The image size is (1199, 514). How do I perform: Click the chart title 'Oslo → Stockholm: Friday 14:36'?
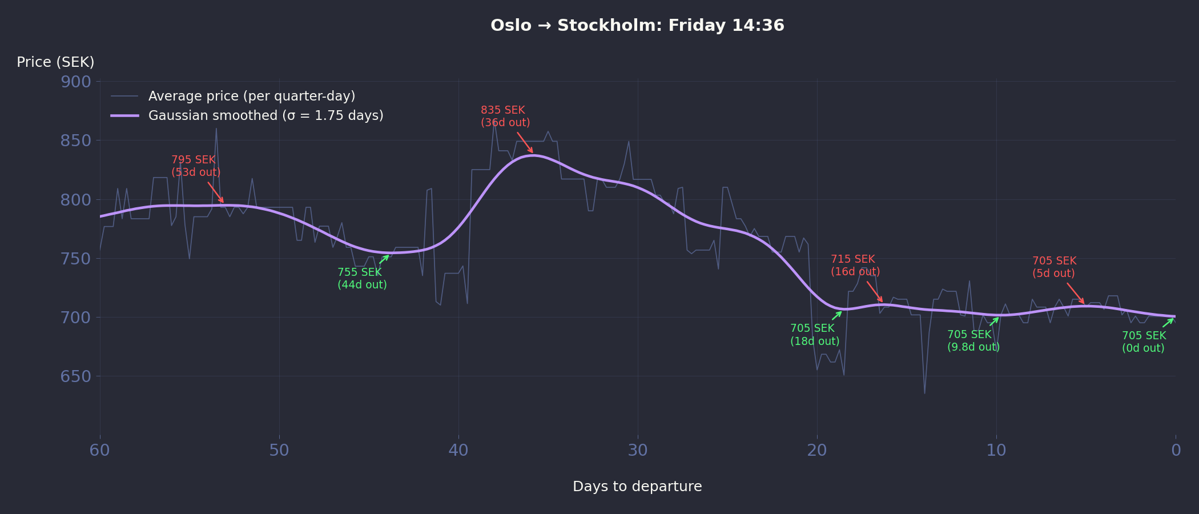pos(637,26)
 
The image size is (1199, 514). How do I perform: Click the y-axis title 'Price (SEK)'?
pos(55,62)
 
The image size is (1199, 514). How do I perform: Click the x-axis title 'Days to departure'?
pos(637,487)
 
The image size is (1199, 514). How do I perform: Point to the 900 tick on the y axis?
pos(76,82)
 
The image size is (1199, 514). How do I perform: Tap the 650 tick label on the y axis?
pos(76,376)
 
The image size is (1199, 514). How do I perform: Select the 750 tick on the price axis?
pos(76,259)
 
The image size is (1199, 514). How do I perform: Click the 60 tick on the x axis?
pos(100,451)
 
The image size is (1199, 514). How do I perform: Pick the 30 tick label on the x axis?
pos(638,451)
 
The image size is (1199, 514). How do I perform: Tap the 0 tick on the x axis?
pos(1176,451)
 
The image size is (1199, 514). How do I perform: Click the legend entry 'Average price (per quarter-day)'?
pos(251,96)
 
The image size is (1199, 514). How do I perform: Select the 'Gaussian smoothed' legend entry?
pos(265,115)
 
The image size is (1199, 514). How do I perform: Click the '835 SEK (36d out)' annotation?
pos(505,117)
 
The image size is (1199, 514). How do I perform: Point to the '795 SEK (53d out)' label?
pos(196,166)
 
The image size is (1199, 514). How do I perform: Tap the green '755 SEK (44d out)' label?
pos(362,279)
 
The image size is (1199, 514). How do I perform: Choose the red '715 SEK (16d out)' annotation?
pos(855,266)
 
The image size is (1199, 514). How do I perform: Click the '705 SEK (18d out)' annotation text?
pos(815,335)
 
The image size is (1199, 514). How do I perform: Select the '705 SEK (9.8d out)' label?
pos(973,341)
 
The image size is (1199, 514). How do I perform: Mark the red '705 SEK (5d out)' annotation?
pos(1054,267)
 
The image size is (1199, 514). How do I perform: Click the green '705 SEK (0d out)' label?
pos(1144,342)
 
